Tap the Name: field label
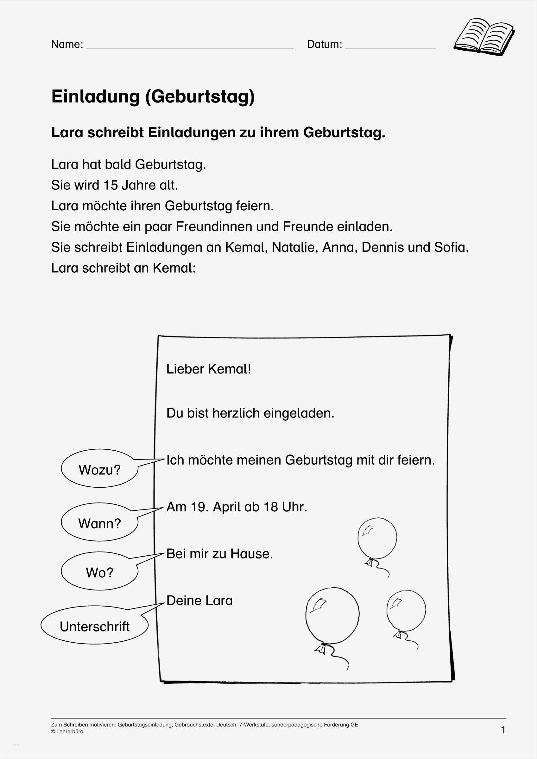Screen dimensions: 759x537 67,44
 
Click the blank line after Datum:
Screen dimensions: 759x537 390,48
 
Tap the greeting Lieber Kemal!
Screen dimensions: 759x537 208,369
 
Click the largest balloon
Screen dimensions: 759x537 332,616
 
